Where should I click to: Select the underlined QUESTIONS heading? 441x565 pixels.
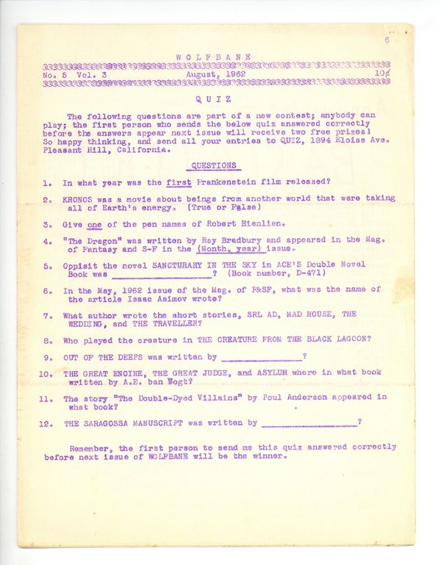tap(214, 166)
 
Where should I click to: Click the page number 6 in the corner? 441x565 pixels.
tap(386, 41)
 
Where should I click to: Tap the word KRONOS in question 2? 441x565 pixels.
tap(80, 198)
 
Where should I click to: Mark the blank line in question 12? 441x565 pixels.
tap(309, 424)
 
